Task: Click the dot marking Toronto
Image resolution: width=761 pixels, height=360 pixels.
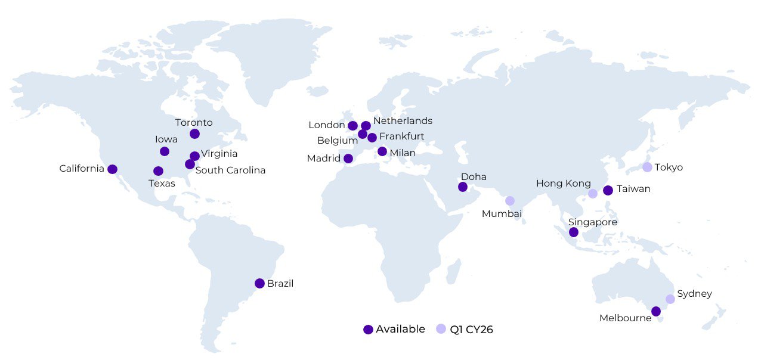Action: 194,134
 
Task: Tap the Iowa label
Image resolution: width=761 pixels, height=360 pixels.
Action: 166,139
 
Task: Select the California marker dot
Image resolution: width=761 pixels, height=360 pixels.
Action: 112,169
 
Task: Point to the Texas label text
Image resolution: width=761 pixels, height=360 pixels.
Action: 162,184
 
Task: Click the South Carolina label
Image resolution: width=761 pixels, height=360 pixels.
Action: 230,170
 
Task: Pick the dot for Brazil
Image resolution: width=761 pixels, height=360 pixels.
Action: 259,283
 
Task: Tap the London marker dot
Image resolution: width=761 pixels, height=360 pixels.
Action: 352,126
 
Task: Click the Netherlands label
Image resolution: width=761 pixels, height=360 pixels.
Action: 403,121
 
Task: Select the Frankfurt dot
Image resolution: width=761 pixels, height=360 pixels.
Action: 372,138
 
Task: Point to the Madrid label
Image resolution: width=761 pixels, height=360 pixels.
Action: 323,159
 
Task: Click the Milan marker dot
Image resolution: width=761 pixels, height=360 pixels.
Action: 382,151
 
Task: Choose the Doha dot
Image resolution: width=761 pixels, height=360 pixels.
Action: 462,187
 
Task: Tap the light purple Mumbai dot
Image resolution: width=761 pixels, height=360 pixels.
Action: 510,201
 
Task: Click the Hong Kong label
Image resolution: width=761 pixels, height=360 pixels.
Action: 563,184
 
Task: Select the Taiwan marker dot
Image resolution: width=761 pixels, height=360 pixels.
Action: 608,191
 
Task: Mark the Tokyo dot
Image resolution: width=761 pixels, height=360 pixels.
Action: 647,167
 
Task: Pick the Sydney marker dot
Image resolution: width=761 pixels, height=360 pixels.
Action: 670,299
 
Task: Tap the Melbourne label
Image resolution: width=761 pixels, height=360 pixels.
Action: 625,318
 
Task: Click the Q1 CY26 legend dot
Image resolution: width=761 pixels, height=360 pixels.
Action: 441,329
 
